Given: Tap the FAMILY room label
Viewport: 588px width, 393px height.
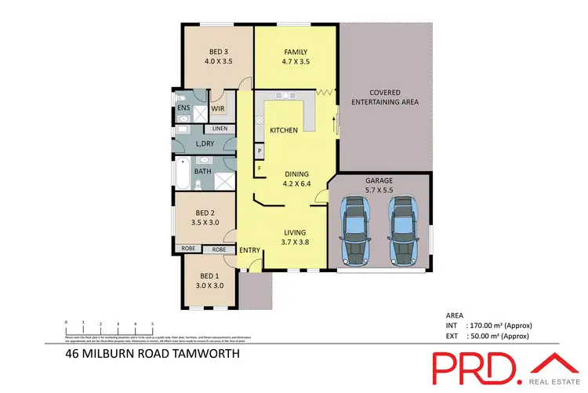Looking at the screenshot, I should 295,52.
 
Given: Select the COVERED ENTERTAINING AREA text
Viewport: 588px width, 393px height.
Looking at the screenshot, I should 384,97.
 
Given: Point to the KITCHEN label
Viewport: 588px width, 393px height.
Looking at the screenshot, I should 283,129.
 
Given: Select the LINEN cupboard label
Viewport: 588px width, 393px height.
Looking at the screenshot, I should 220,128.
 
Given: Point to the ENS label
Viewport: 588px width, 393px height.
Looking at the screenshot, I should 183,108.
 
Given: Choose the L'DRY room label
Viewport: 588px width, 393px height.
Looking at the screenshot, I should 204,144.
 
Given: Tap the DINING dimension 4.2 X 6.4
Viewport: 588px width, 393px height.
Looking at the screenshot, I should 297,185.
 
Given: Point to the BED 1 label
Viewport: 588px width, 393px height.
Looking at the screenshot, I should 209,275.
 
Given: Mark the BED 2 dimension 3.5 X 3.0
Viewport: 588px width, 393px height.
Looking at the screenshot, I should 205,223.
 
